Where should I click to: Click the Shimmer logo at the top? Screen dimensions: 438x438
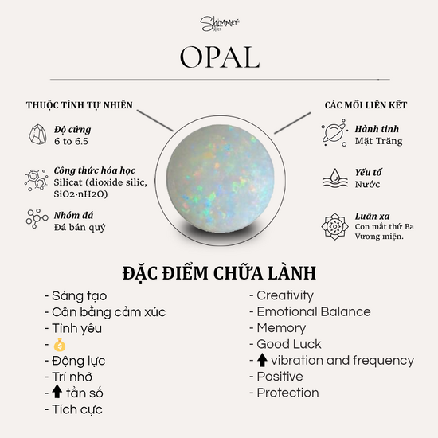click(220, 24)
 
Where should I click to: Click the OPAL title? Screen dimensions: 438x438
click(220, 57)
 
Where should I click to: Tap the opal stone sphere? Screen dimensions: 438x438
click(221, 178)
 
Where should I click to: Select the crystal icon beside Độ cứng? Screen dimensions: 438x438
click(37, 135)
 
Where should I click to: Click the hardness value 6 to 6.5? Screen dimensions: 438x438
click(71, 141)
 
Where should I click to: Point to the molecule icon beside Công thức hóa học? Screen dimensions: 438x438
click(36, 180)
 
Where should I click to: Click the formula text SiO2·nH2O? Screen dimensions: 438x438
click(80, 194)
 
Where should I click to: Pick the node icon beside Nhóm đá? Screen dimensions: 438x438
click(37, 218)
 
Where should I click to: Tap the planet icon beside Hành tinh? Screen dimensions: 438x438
click(334, 133)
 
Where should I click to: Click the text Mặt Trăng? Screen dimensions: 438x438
click(378, 141)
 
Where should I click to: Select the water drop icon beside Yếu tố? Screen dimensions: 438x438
click(335, 178)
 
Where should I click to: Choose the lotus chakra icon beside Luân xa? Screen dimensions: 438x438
click(334, 226)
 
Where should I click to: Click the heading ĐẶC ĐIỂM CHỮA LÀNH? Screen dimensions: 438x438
click(219, 273)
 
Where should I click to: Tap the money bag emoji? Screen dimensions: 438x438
click(60, 345)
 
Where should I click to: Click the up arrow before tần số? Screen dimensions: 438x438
click(57, 391)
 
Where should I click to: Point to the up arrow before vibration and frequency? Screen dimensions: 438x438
click(262, 360)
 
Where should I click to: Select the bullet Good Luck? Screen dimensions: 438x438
click(285, 344)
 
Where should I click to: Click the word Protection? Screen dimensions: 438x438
click(287, 393)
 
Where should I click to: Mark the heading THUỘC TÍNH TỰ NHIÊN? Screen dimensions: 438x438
click(80, 105)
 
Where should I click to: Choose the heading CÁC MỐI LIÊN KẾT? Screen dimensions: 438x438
click(366, 105)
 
